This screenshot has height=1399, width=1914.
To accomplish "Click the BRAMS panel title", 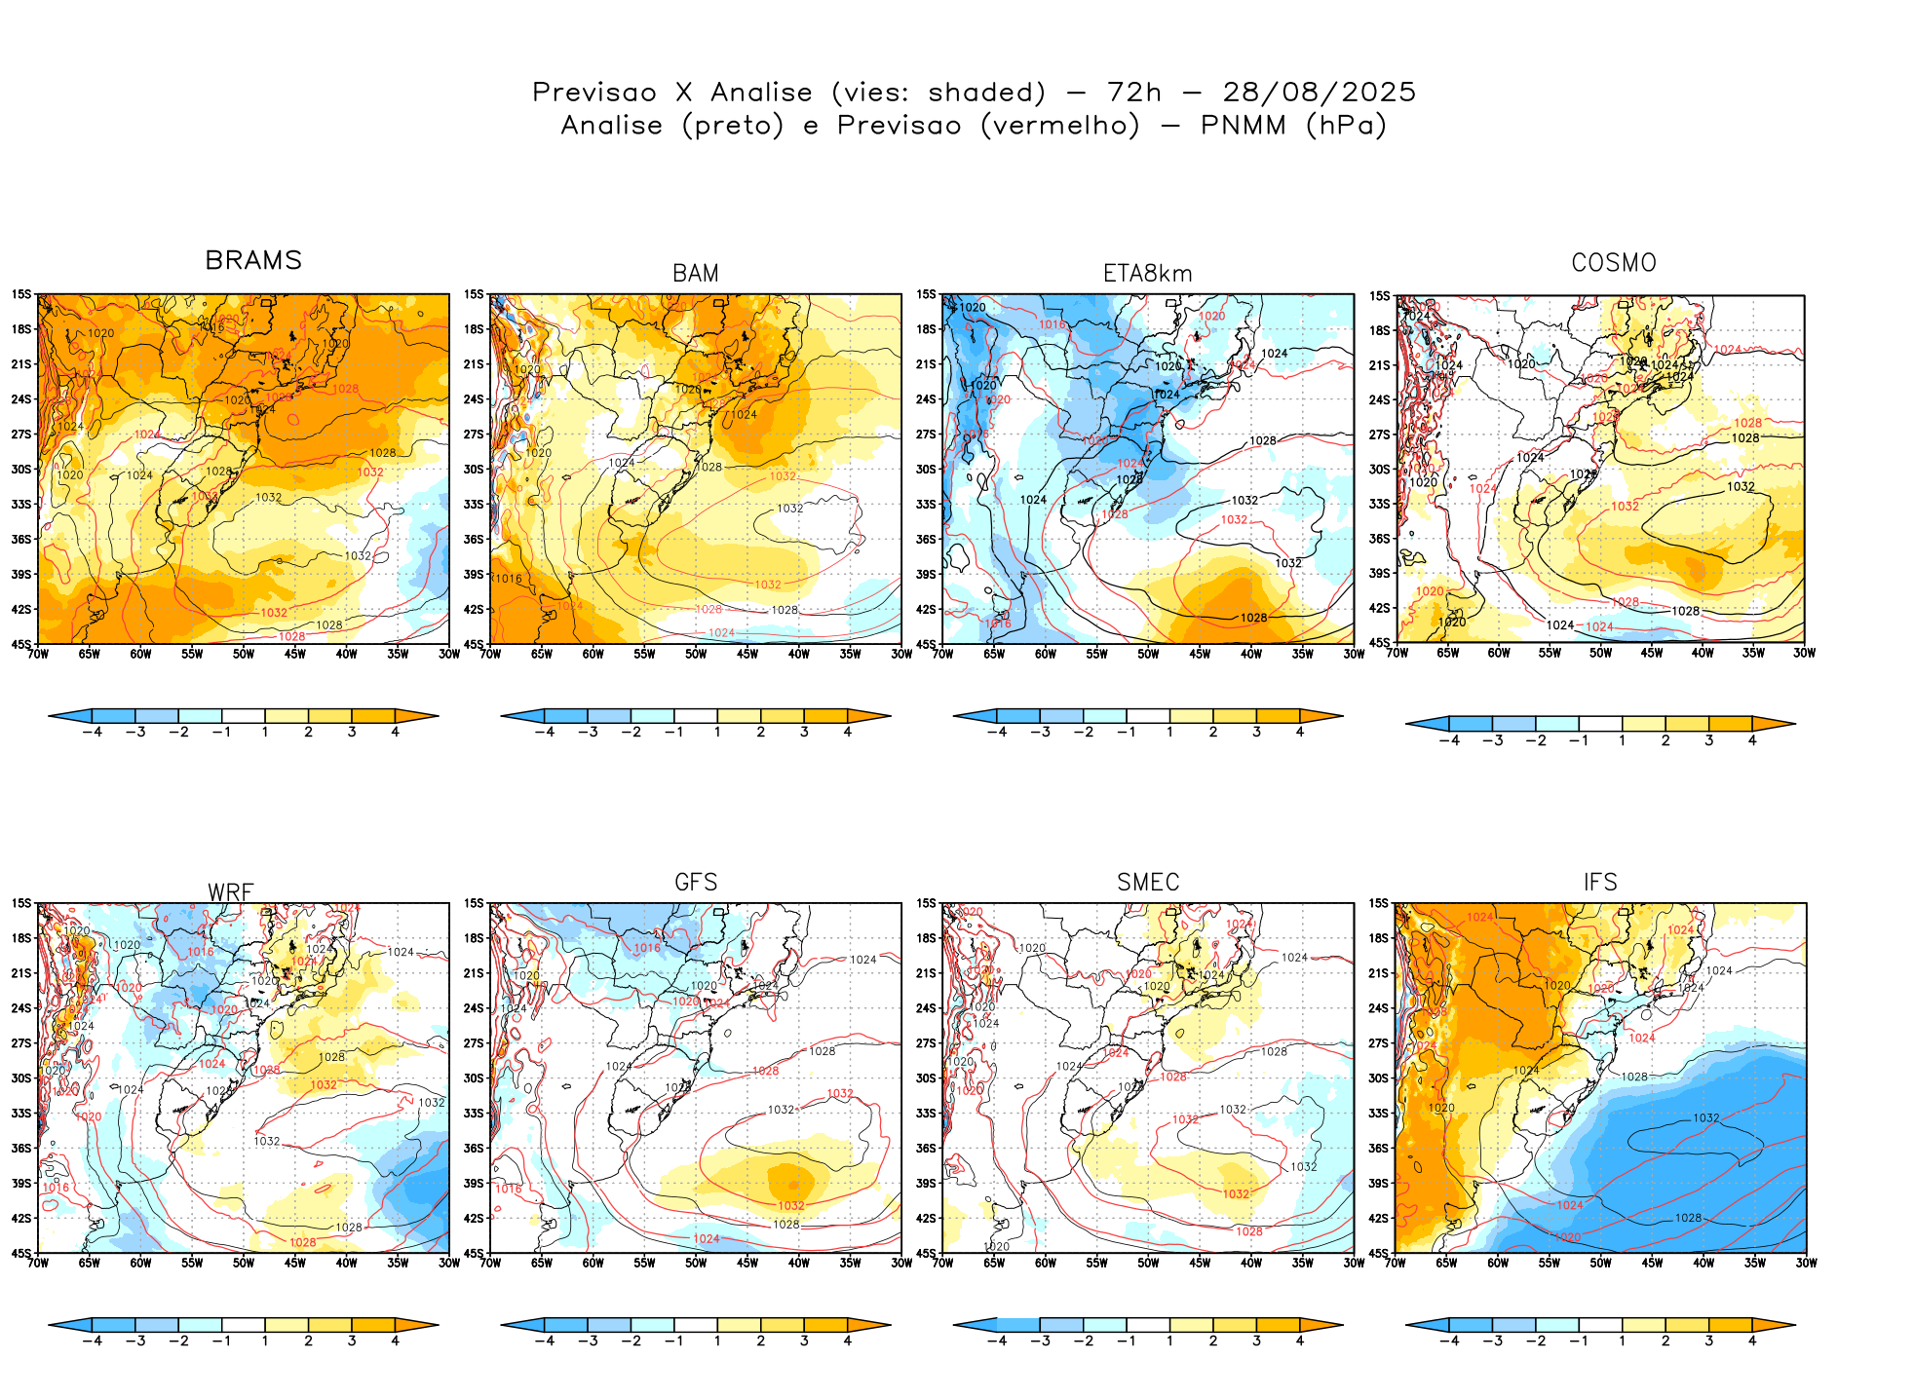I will [253, 260].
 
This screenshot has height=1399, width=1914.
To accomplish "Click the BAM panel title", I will [696, 274].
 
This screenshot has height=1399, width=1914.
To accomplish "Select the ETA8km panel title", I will [1148, 274].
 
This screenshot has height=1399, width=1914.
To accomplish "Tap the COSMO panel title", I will [1614, 263].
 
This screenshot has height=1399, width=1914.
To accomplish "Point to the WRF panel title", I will [231, 892].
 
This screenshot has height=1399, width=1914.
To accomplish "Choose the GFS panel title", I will [696, 882].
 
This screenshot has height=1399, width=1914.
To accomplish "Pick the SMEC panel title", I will [1148, 882].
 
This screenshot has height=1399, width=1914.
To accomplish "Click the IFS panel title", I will [1600, 882].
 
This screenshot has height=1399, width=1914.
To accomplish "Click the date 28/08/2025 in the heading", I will [1320, 93].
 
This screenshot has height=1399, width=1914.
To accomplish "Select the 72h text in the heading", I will [1134, 93].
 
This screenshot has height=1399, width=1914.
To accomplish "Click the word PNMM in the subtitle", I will [1244, 126].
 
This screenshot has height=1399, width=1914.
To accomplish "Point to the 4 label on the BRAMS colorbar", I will [395, 733].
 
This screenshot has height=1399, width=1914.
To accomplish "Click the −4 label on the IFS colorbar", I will [1449, 1342].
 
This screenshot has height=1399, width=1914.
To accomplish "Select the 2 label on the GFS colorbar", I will [760, 1342].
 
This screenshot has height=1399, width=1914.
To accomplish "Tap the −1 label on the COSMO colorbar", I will [1579, 741].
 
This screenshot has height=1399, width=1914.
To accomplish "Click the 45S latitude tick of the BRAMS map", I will [21, 644].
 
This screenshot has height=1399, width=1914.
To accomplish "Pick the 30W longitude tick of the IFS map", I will [1806, 1264].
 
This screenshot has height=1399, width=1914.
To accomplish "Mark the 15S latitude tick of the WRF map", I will [21, 904].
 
